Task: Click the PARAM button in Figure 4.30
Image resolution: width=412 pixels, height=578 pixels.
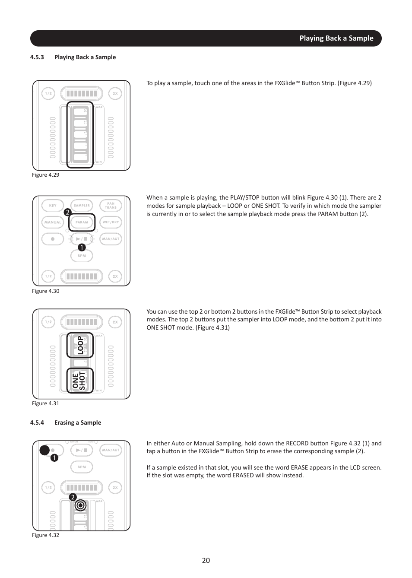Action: pos(82,222)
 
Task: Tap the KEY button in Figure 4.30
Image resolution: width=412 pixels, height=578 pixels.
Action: pos(53,206)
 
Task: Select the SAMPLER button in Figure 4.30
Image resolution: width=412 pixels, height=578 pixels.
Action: pos(82,206)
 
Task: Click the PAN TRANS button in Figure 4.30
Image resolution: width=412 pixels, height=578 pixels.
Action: pos(111,206)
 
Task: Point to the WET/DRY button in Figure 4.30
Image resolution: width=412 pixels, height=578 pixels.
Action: pos(111,222)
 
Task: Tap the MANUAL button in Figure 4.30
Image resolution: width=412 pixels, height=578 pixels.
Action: pos(53,222)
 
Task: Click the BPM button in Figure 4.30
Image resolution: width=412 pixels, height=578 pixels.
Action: pos(82,256)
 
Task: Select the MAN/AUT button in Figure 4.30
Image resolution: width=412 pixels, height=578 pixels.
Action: pos(111,239)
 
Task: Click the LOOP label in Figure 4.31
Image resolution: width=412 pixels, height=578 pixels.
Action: pos(80,346)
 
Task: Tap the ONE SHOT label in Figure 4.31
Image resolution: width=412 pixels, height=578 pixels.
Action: pos(79,381)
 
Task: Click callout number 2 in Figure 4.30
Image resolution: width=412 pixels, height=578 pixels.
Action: pos(67,213)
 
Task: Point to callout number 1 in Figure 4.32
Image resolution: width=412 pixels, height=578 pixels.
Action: pos(54,458)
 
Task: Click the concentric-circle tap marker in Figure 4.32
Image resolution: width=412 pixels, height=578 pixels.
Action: pos(80,505)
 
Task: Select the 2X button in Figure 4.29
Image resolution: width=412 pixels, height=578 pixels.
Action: pos(115,93)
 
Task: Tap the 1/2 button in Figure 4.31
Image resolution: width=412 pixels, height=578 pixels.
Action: pos(48,322)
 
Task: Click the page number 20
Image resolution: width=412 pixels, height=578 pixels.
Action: pos(206,560)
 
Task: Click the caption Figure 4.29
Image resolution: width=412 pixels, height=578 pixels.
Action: pos(45,175)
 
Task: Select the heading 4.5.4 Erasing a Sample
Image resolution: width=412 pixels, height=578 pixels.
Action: pos(66,422)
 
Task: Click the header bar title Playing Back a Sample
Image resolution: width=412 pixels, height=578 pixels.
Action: pos(336,38)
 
